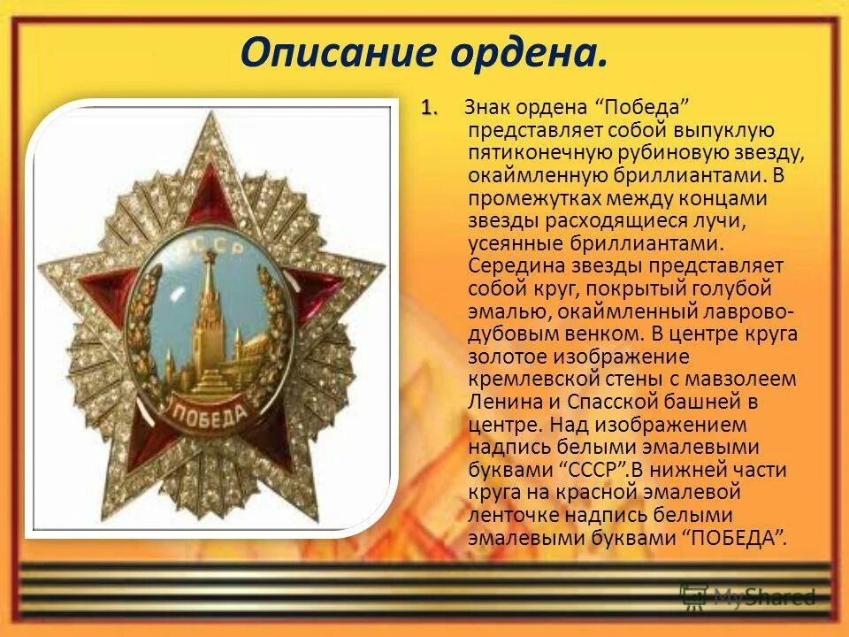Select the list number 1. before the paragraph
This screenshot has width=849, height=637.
pyautogui.click(x=429, y=107)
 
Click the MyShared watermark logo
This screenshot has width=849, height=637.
pyautogui.click(x=747, y=597)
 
